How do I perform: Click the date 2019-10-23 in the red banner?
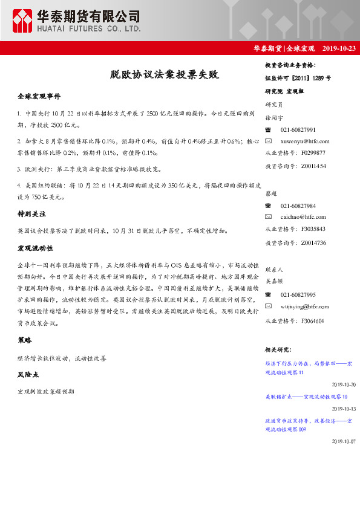pos(339,48)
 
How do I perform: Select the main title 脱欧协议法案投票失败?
pos(164,76)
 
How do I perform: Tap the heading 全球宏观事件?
pos(39,97)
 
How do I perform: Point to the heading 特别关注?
pos(31,215)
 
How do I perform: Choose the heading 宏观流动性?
pos(36,248)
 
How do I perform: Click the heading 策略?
pos(25,340)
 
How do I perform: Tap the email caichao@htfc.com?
pos(303,216)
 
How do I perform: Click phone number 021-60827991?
pos(298,130)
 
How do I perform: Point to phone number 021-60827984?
pos(298,206)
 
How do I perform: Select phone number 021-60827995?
pos(298,295)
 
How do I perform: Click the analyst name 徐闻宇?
pos(274,118)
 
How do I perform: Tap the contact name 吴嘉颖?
pos(274,280)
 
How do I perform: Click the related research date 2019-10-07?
pos(344,441)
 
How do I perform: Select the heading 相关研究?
pos(278,350)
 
